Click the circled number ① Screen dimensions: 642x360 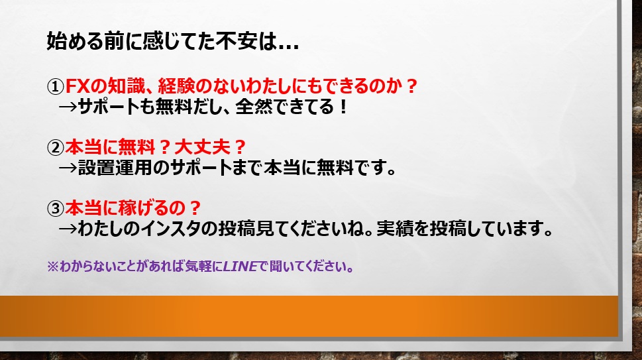tap(55, 86)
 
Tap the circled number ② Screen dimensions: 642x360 tap(55, 147)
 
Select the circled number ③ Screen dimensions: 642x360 tap(55, 208)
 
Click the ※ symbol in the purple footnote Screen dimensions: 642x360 tap(53, 267)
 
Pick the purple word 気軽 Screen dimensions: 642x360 tap(198, 267)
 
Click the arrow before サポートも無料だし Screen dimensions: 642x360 tap(68, 107)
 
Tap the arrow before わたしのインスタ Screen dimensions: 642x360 tap(68, 229)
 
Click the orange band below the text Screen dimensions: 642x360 tap(309, 316)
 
